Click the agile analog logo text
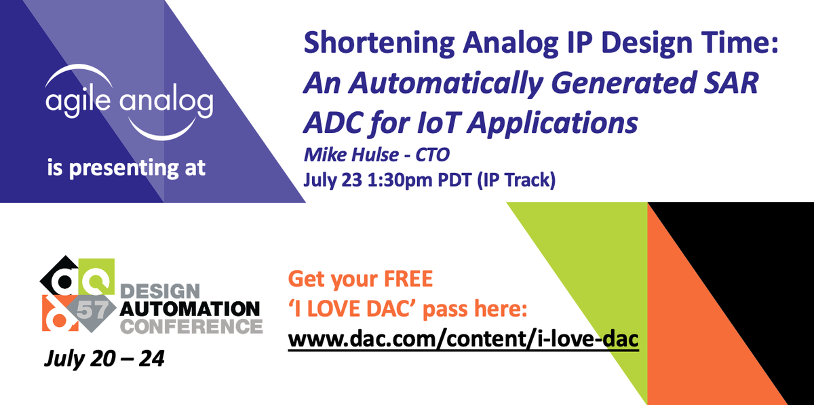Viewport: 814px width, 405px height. click(x=129, y=102)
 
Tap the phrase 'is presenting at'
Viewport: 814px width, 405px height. click(x=126, y=168)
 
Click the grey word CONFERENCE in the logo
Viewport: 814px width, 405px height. click(x=191, y=326)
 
